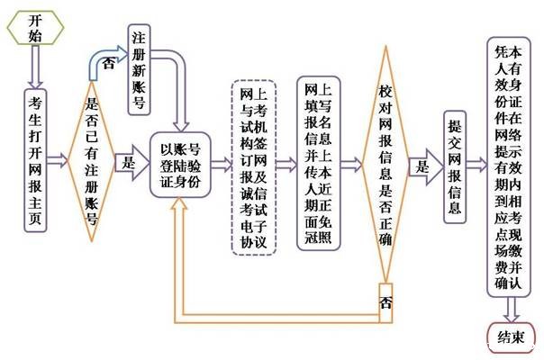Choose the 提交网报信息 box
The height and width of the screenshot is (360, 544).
(x=455, y=167)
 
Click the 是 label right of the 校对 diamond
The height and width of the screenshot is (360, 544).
(x=421, y=166)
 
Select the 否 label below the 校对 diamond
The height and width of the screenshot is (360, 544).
(x=385, y=301)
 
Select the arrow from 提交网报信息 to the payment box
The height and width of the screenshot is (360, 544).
(x=478, y=166)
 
